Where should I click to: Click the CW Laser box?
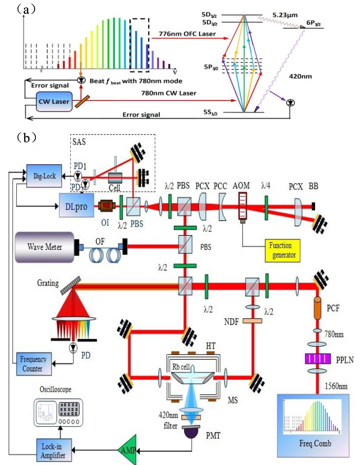click(54, 102)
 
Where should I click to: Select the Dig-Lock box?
click(44, 176)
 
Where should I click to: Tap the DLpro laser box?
click(76, 206)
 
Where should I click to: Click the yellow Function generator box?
click(282, 251)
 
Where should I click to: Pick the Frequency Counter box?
click(34, 364)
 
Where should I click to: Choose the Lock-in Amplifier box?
click(54, 451)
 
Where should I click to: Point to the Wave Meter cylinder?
click(45, 247)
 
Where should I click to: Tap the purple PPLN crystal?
click(318, 359)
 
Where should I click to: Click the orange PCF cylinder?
click(318, 308)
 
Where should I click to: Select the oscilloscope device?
click(59, 413)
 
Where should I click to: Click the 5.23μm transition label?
click(285, 15)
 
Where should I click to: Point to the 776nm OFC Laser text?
click(187, 34)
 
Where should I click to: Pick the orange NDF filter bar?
click(252, 321)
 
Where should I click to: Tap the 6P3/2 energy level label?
click(313, 23)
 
